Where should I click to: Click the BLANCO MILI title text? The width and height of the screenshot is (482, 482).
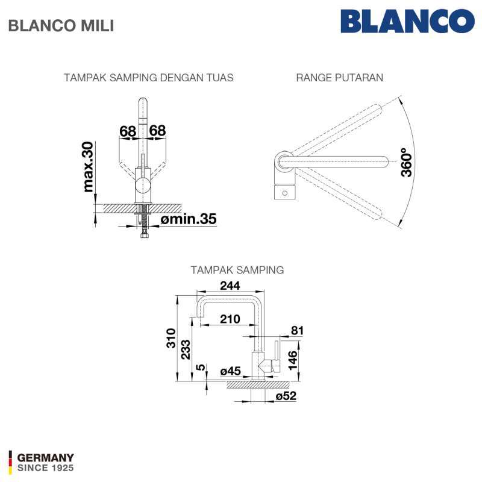point(60,26)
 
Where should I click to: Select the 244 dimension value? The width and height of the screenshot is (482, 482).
point(230,286)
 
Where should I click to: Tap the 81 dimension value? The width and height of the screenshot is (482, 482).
point(297,330)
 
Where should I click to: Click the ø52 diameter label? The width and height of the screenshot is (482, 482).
point(286,395)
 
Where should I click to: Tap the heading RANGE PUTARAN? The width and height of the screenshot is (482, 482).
point(339,78)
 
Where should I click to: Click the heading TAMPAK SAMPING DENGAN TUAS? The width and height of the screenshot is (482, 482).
point(148,78)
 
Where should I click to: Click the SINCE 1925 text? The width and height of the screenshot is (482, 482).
point(45,468)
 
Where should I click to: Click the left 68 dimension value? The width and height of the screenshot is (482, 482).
point(128,130)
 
